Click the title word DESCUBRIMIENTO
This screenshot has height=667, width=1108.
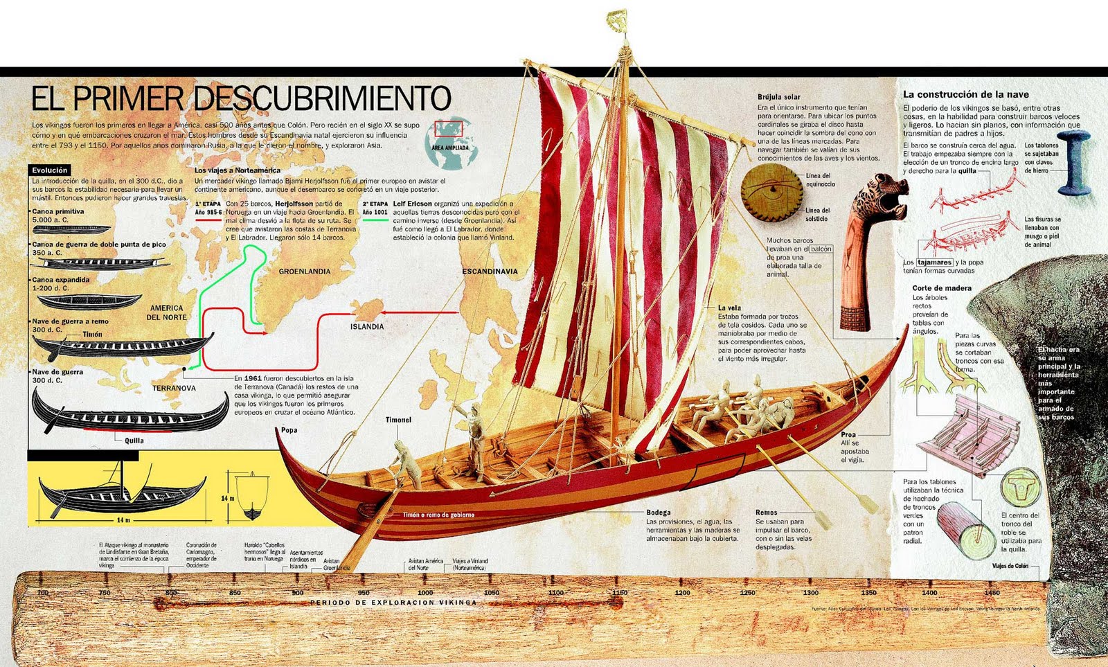(323, 98)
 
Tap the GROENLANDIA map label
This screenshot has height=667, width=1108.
(304, 272)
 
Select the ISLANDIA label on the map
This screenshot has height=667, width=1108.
(366, 326)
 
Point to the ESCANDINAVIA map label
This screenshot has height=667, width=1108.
(490, 272)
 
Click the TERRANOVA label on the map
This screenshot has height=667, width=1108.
(174, 388)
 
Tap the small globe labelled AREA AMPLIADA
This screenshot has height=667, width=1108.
(449, 143)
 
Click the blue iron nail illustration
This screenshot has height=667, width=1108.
(1073, 162)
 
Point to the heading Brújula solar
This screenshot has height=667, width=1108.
(778, 97)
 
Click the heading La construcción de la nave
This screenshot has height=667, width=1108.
(965, 94)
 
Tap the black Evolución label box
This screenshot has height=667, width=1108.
(50, 170)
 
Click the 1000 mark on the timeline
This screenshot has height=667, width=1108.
(425, 593)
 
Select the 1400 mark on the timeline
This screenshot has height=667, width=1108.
(929, 593)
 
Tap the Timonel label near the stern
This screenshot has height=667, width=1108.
(398, 420)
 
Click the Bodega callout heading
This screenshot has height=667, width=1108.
(658, 513)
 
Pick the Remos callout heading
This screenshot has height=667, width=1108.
(766, 513)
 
